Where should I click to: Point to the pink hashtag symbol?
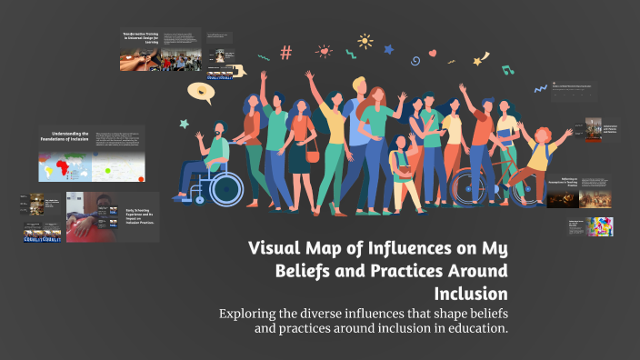pyautogui.click(x=286, y=53)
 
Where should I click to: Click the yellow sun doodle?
pyautogui.click(x=365, y=41)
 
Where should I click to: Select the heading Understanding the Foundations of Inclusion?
pyautogui.click(x=63, y=135)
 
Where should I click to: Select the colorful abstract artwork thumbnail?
pyautogui.click(x=599, y=225)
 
